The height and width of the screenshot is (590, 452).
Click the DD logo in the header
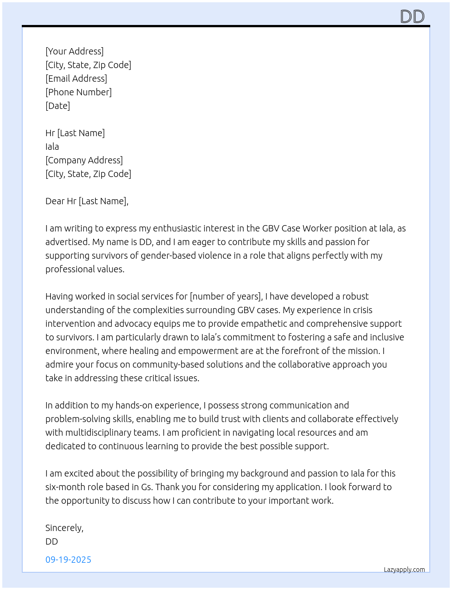412,16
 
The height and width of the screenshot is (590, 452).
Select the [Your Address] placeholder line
74,51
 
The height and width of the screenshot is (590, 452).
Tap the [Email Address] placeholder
76,79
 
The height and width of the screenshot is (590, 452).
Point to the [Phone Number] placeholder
79,92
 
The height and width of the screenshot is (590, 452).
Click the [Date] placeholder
58,106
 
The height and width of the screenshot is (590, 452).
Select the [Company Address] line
84,160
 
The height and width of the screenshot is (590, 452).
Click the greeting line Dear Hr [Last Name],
87,201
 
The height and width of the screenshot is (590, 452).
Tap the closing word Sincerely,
64,528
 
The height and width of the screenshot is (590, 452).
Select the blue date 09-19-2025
68,560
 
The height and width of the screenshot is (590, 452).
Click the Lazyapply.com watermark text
404,570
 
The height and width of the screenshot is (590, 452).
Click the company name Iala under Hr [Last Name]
52,147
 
